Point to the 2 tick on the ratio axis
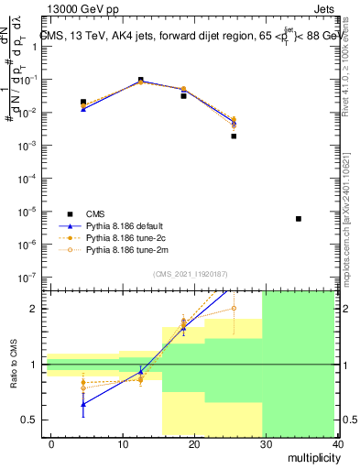(x=34, y=309)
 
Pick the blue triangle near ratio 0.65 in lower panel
(x=83, y=403)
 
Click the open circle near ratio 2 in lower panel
(x=234, y=308)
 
